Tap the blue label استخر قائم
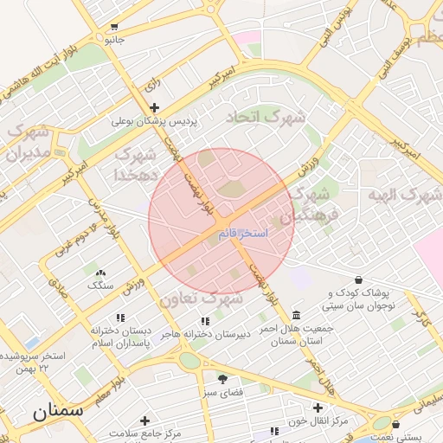pyautogui.click(x=243, y=234)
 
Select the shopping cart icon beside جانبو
pyautogui.click(x=116, y=27)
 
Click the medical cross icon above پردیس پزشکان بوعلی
pyautogui.click(x=154, y=108)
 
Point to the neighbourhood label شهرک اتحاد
pyautogui.click(x=266, y=116)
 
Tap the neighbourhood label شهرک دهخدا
pyautogui.click(x=135, y=164)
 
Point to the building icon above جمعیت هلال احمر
pyautogui.click(x=297, y=315)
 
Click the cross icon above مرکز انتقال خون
pyautogui.click(x=318, y=408)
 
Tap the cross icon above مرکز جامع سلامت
pyautogui.click(x=144, y=421)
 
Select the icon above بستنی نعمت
pyautogui.click(x=396, y=425)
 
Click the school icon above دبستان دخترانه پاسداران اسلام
pyautogui.click(x=120, y=318)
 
